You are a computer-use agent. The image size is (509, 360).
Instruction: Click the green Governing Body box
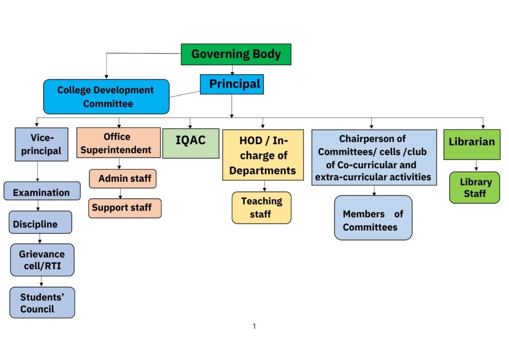click(x=236, y=54)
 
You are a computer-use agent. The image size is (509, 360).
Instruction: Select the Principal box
click(x=232, y=84)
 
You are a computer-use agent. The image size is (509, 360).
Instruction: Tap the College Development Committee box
click(x=106, y=96)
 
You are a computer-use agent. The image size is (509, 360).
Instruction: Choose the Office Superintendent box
click(x=118, y=143)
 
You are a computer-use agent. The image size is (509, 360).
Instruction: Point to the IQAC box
click(x=191, y=144)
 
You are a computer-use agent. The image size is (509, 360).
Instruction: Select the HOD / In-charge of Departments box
click(x=263, y=155)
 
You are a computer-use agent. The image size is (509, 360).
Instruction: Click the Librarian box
click(x=472, y=144)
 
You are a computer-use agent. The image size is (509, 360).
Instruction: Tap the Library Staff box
click(x=475, y=187)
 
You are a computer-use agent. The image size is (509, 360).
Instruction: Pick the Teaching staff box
click(x=261, y=207)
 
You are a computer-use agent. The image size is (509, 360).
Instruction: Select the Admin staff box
click(x=123, y=179)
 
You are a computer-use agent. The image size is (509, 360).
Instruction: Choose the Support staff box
click(x=125, y=208)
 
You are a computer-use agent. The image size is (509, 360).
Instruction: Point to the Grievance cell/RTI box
click(x=42, y=260)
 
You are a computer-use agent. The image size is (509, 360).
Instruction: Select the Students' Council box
click(x=42, y=302)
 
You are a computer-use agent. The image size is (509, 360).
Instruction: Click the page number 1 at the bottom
click(x=254, y=326)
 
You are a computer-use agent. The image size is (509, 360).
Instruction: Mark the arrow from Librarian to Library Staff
click(x=476, y=166)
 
